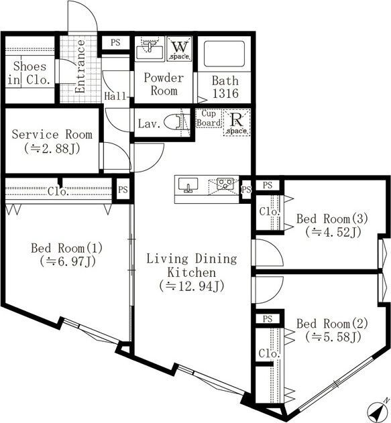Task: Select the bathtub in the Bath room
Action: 225,54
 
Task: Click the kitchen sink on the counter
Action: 188,186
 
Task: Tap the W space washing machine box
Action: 180,49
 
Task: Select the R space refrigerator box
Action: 237,123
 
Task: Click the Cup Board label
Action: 209,118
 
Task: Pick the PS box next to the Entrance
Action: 115,43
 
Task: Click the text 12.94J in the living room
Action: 192,286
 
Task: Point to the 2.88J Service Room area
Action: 52,148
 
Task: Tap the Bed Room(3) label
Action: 332,219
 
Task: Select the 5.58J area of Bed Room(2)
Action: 333,337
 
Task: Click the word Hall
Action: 115,96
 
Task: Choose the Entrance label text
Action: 80,66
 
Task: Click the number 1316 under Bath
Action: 225,93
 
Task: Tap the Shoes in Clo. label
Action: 30,73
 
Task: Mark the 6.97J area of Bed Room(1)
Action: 68,261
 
